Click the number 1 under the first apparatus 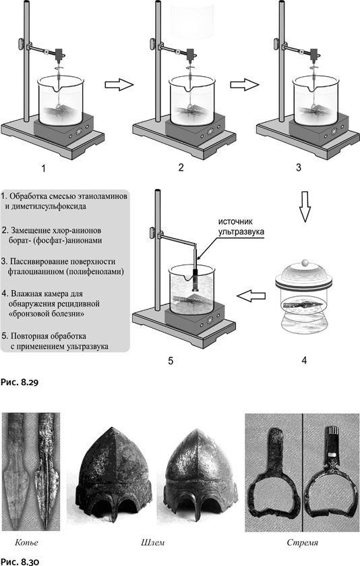(44, 168)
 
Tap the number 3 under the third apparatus (299, 167)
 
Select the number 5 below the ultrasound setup (171, 361)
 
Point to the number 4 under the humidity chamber (304, 360)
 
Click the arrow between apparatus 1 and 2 (119, 85)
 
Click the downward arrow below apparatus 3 (305, 206)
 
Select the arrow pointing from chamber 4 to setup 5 (251, 296)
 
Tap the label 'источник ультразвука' (241, 226)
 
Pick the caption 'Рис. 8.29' (20, 383)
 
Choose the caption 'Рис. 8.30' (20, 561)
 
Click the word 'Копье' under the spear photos (27, 542)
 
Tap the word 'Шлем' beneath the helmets (152, 542)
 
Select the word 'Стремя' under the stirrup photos (302, 542)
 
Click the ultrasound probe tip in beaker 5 (197, 289)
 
